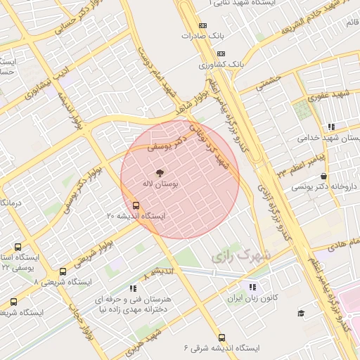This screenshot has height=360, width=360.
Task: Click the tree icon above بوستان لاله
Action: click(158, 172)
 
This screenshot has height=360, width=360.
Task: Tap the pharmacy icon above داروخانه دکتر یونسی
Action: click(323, 176)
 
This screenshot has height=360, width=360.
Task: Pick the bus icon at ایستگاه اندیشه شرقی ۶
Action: click(222, 337)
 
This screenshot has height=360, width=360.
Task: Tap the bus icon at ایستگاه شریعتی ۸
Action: click(63, 271)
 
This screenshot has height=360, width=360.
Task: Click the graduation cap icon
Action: click(301, 313)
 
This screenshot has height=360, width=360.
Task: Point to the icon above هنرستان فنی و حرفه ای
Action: click(132, 288)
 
